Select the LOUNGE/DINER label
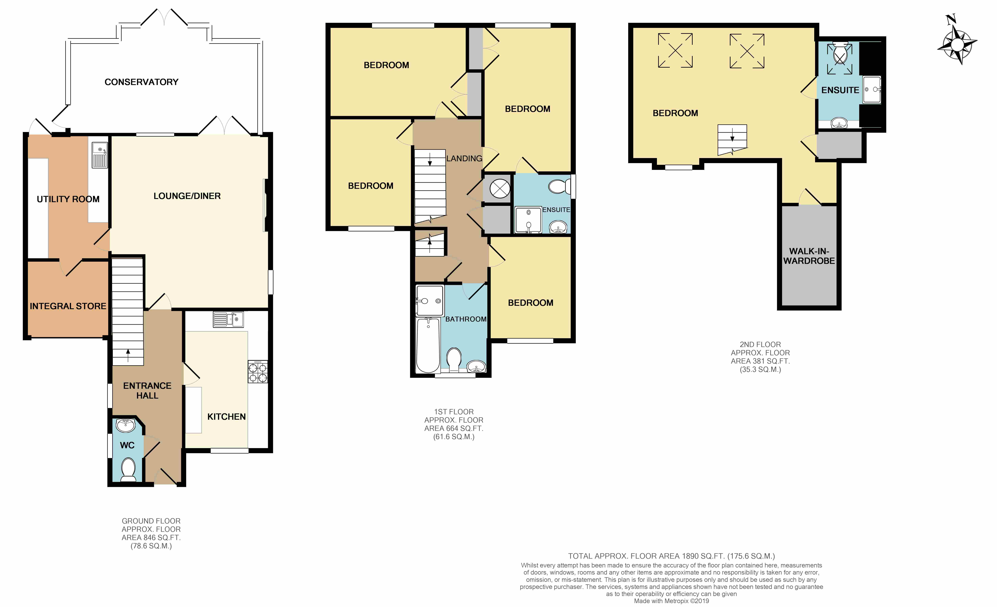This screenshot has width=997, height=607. pos(187,196)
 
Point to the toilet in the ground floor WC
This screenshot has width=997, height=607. pos(128,469)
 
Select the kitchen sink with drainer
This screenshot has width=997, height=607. pos(228,319)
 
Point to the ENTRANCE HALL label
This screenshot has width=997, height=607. pos(147,391)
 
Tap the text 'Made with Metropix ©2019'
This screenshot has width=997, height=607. pos(672,601)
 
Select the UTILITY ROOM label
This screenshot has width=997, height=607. pos(68,199)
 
